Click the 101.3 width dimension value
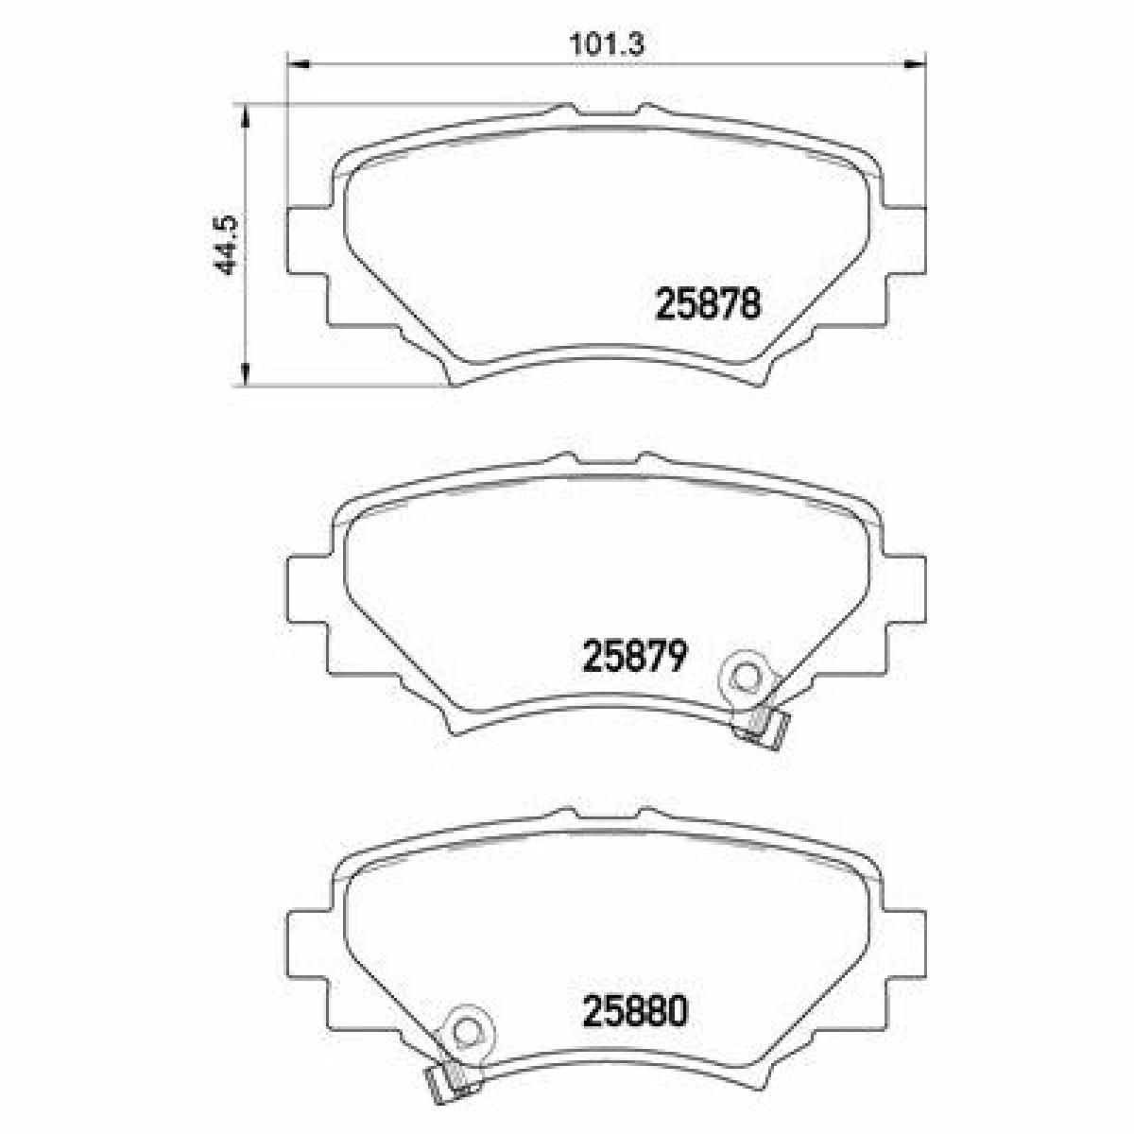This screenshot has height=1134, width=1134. pyautogui.click(x=607, y=45)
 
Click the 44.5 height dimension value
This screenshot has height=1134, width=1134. pyautogui.click(x=225, y=244)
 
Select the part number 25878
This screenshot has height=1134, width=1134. pyautogui.click(x=708, y=304)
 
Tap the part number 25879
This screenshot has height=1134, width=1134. pyautogui.click(x=634, y=656)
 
